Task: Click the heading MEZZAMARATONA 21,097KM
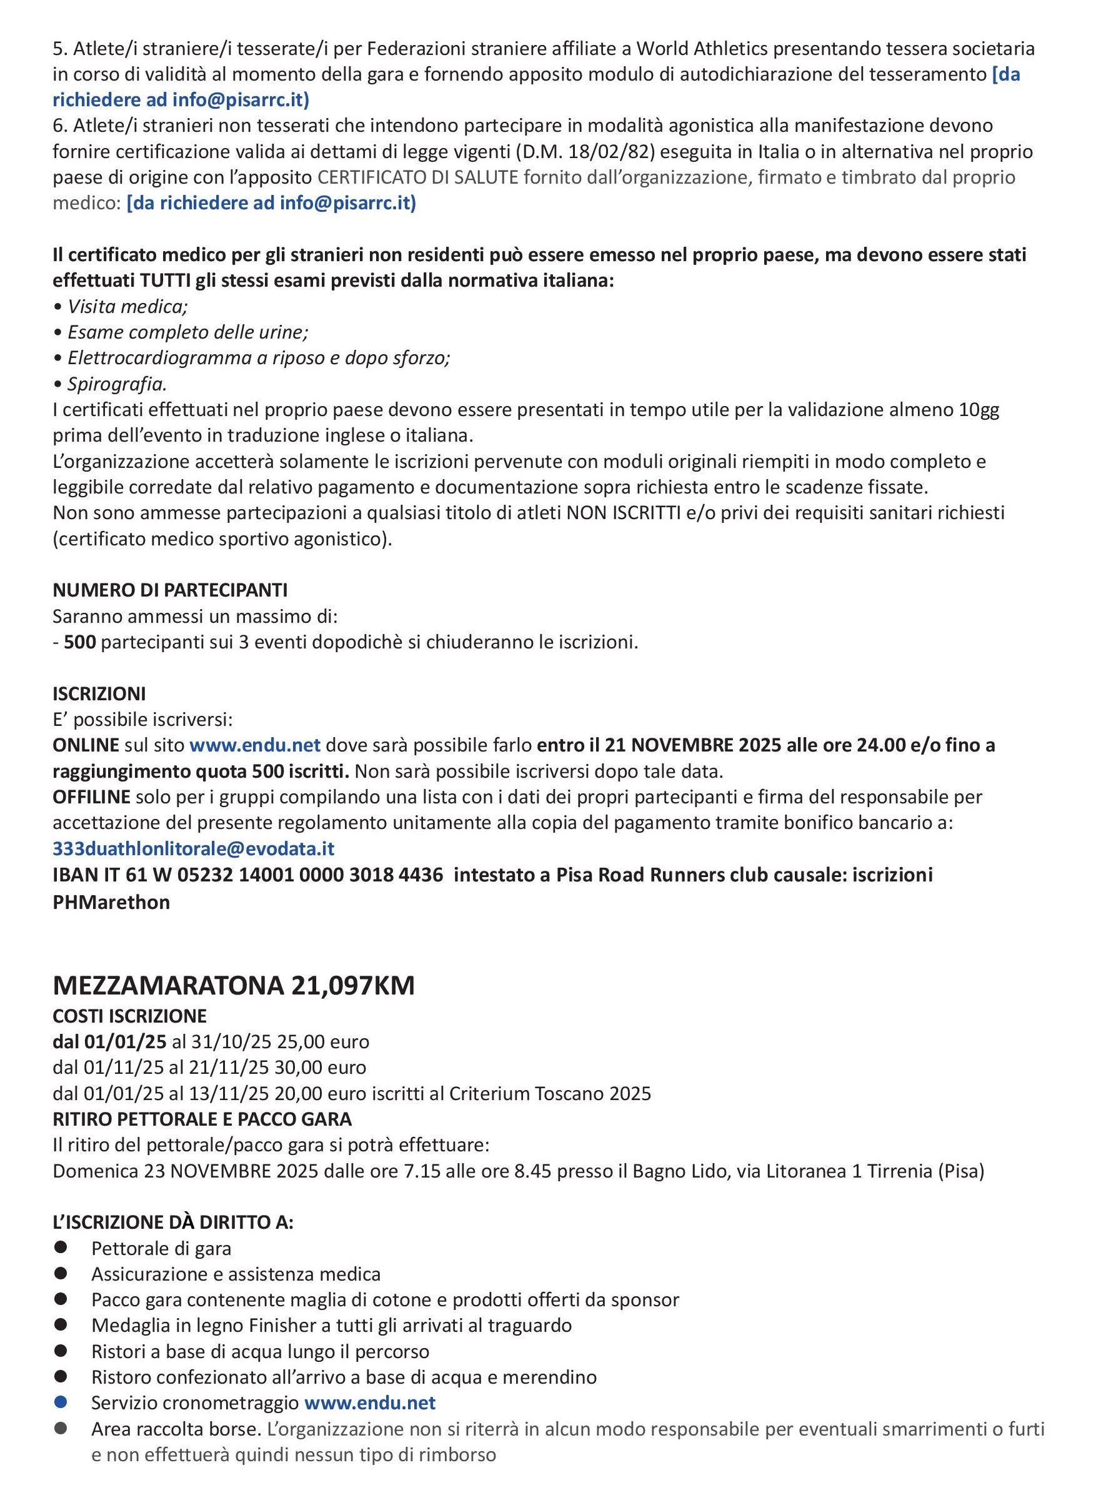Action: pos(233,986)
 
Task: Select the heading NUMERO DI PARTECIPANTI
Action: pos(170,590)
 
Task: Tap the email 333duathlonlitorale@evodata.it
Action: pos(193,848)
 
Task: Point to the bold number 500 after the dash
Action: pos(80,642)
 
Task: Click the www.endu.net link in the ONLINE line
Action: pos(256,745)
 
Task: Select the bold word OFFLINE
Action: pos(91,797)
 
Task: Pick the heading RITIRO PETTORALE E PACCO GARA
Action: pos(202,1119)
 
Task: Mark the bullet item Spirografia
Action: pos(117,384)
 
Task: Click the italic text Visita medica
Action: pos(127,307)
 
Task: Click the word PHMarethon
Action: pos(111,902)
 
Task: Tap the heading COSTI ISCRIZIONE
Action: pos(129,1016)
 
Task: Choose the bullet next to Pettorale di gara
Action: pos(61,1248)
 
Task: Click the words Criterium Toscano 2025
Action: pos(550,1093)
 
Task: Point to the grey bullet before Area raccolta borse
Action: pos(61,1429)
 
